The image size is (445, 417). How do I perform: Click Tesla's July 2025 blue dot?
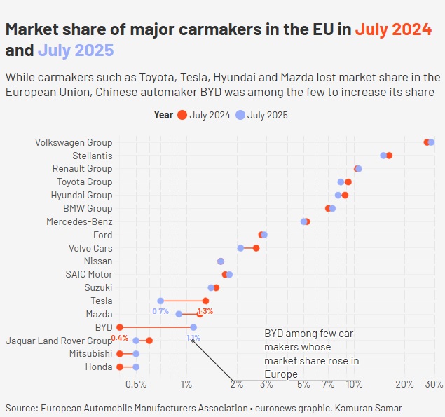[160, 301]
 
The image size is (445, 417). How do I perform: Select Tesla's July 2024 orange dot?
[205, 301]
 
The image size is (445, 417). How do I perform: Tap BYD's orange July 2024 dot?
[120, 327]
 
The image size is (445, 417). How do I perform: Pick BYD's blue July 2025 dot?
[193, 327]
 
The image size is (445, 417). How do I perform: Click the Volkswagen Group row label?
[74, 142]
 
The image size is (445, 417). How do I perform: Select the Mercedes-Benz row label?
[79, 221]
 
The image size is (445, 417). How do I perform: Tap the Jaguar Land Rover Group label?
[59, 341]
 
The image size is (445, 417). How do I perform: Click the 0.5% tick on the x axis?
[135, 384]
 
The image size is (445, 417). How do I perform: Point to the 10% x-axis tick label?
[354, 384]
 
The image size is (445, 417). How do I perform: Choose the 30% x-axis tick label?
[434, 384]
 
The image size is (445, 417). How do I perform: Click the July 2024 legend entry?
[203, 115]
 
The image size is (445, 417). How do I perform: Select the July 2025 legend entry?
[262, 115]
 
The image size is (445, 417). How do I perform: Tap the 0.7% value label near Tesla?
[160, 311]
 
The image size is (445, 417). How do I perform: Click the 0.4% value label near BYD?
[119, 338]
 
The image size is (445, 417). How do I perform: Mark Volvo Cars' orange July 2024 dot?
[256, 248]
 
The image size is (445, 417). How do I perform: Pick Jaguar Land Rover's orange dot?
[149, 341]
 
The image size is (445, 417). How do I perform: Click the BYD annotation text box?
[312, 354]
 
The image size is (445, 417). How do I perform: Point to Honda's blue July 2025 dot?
[136, 367]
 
